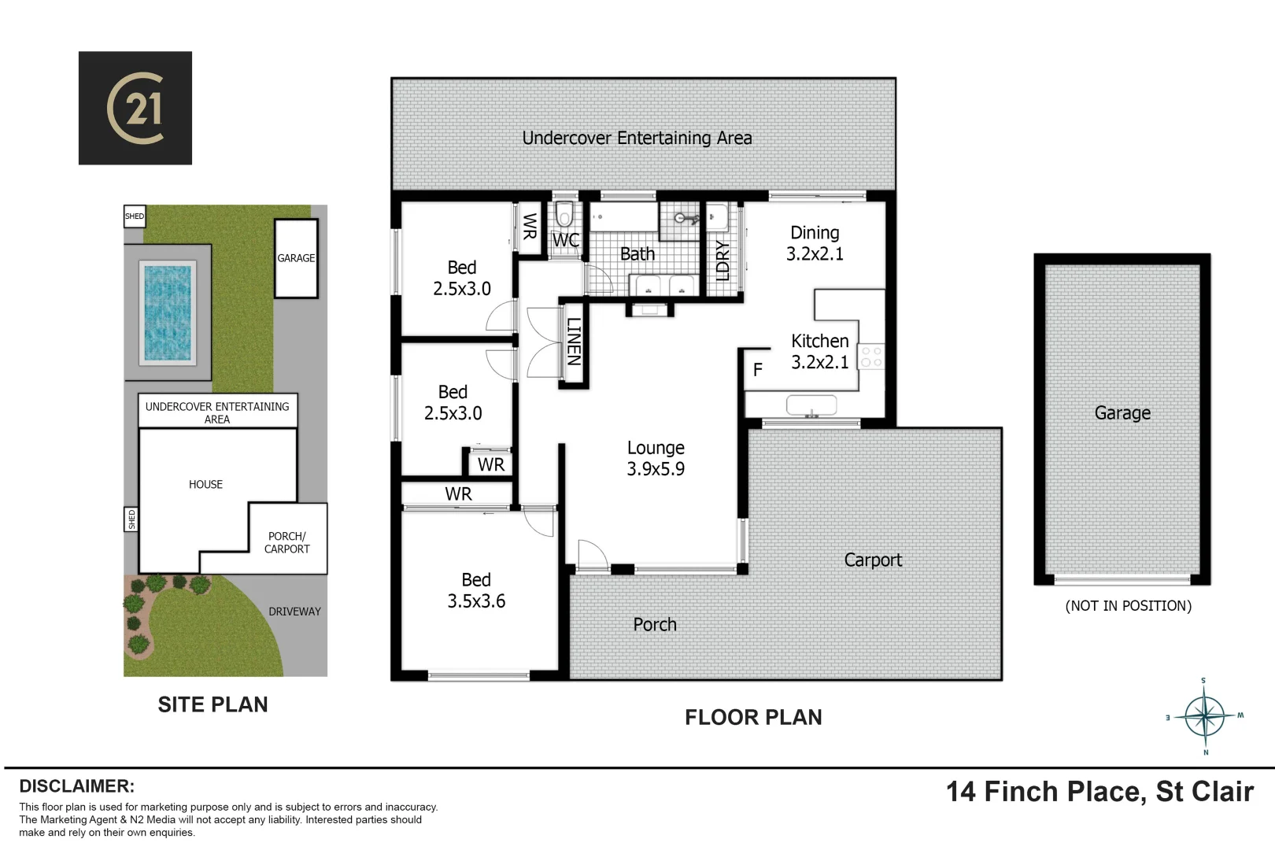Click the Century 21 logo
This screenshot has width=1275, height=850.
pyautogui.click(x=135, y=108)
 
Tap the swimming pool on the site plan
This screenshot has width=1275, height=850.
pyautogui.click(x=168, y=312)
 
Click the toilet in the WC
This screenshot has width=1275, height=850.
pyautogui.click(x=564, y=215)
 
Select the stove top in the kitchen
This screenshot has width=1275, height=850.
pyautogui.click(x=871, y=357)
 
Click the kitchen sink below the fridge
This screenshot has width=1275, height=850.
pyautogui.click(x=811, y=406)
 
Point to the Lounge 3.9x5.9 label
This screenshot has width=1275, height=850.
pyautogui.click(x=656, y=458)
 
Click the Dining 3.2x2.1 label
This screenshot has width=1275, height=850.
pyautogui.click(x=815, y=243)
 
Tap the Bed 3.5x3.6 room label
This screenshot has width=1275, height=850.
pyautogui.click(x=476, y=590)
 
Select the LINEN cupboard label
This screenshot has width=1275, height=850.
pyautogui.click(x=574, y=342)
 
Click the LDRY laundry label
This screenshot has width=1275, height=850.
pyautogui.click(x=722, y=261)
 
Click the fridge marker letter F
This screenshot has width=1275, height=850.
pyautogui.click(x=758, y=370)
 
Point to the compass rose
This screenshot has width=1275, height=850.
pyautogui.click(x=1205, y=716)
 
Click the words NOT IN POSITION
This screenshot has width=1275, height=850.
pyautogui.click(x=1128, y=606)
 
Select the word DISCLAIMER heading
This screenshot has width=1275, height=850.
pyautogui.click(x=76, y=786)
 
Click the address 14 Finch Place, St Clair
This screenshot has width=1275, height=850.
pyautogui.click(x=1099, y=792)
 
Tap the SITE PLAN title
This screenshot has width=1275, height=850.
pyautogui.click(x=213, y=704)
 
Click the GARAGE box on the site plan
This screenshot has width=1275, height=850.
pyautogui.click(x=296, y=258)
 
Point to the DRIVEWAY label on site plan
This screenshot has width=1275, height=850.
pyautogui.click(x=294, y=612)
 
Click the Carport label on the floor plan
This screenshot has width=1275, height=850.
pyautogui.click(x=873, y=560)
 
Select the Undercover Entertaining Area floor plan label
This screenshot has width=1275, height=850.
pyautogui.click(x=637, y=139)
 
